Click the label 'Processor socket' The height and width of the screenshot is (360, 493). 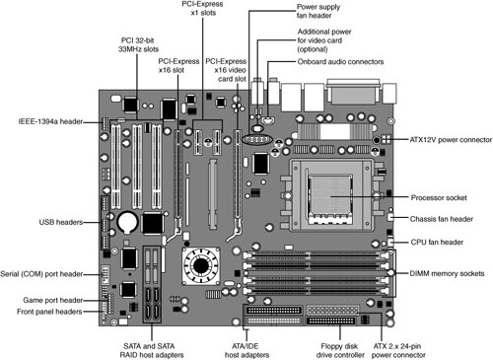click(439, 197)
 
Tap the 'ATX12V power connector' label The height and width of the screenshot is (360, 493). click(451, 140)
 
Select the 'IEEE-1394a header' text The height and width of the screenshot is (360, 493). click(50, 121)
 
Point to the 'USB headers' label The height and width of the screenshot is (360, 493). click(61, 222)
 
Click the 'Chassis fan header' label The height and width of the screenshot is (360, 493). click(442, 219)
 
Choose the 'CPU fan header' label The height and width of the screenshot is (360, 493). click(437, 243)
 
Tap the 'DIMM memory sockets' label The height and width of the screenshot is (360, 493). click(447, 273)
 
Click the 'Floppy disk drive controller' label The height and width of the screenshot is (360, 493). click(340, 350)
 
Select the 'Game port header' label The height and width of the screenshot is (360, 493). click(53, 300)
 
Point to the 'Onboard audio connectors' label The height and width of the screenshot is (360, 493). click(340, 62)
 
